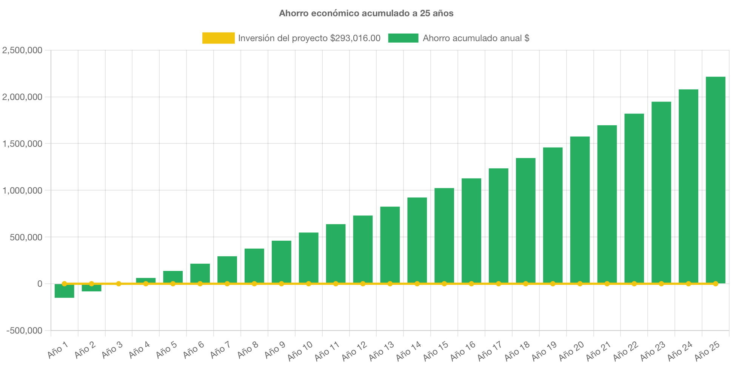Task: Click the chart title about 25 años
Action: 366,13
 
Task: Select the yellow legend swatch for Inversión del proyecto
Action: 218,38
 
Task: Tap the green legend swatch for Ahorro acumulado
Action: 403,38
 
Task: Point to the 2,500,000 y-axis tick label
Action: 22,50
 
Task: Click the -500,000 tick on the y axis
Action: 25,331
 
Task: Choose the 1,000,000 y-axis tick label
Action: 22,191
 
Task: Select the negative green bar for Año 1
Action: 64,291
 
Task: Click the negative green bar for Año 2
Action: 91,288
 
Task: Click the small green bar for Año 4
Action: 146,280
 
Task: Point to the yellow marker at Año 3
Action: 119,283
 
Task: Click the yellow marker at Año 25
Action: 715,283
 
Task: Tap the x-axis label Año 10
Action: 300,351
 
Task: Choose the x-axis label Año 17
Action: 490,351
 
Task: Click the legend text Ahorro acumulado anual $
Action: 476,38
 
